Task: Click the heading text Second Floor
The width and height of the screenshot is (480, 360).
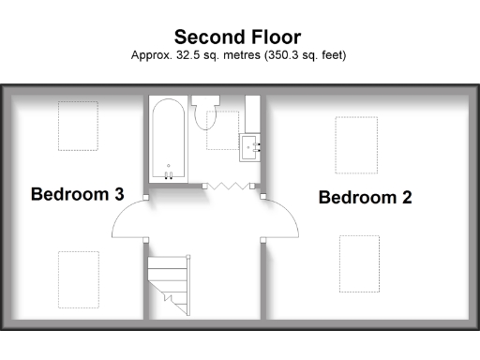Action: (x=237, y=37)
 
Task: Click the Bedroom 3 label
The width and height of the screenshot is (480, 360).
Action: (x=77, y=195)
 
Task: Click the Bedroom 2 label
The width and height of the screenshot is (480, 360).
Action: (x=365, y=198)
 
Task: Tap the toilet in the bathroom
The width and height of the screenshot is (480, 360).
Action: (x=206, y=113)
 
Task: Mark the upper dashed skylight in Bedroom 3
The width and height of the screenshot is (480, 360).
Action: (x=78, y=126)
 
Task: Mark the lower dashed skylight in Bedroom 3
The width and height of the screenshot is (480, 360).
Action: (x=78, y=278)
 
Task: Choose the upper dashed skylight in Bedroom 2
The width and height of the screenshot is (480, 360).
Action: (x=356, y=145)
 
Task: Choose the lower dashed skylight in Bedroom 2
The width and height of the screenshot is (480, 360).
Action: (x=359, y=263)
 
